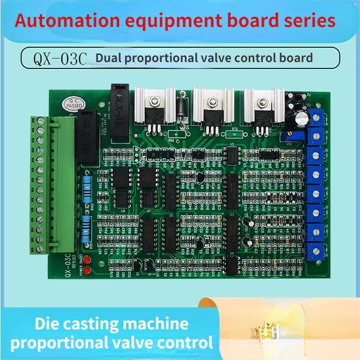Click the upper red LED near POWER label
(x=86, y=261)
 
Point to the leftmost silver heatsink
(x=155, y=106)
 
